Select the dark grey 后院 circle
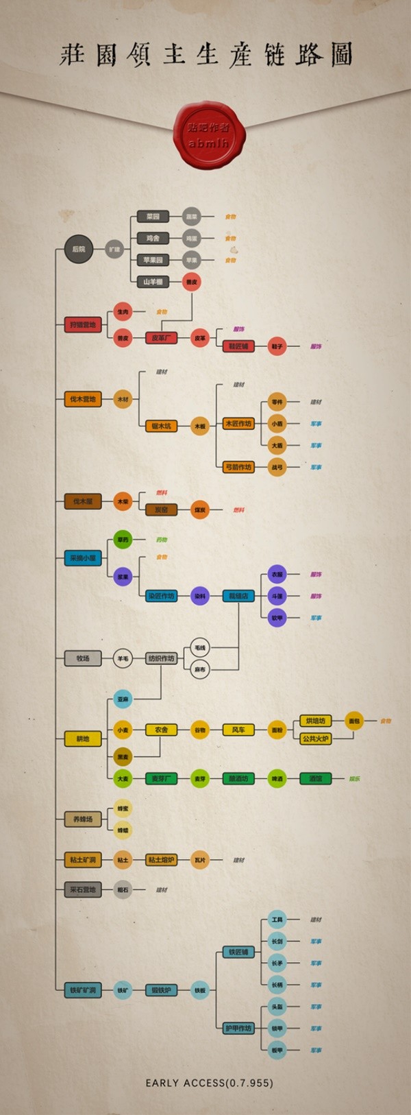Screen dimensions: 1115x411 pos(79,249)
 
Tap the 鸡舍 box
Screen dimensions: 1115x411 pos(153,238)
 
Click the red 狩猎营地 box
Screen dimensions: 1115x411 pos(83,324)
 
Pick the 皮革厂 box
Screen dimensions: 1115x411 pos(161,338)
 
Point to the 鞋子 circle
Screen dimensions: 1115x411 pos(277,346)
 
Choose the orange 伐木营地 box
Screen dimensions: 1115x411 pos(83,399)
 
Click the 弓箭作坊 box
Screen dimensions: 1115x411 pos(238,467)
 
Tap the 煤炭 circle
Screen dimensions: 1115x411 pos(199,509)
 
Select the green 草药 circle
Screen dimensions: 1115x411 pos(123,540)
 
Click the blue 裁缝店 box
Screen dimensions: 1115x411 pos(238,596)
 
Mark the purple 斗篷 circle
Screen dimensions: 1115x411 pos(277,596)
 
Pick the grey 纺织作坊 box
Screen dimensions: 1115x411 pos(161,658)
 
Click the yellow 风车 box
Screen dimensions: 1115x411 pos(238,730)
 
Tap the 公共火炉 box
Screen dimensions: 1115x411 pos(316,739)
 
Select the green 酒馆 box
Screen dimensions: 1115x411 pos(316,778)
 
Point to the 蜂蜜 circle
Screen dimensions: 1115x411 pos(123,808)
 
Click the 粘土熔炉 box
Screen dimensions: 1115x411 pos(161,859)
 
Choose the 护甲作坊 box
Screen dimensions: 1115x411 pos(238,1028)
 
